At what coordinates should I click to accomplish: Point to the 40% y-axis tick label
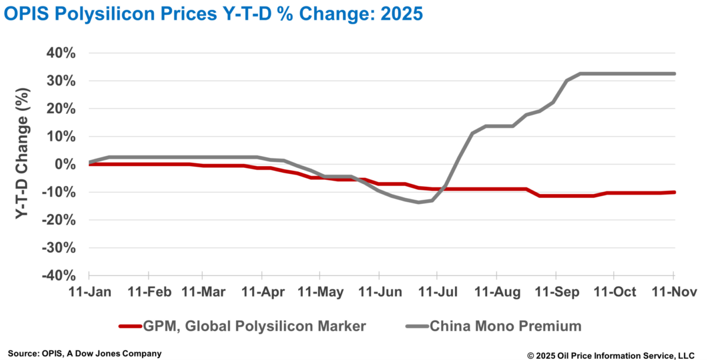(x=61, y=53)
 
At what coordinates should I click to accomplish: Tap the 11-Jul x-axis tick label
(x=437, y=292)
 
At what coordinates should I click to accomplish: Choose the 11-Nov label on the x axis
(x=673, y=292)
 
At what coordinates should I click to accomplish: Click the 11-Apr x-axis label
(x=261, y=292)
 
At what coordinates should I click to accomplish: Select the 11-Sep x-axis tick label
(x=556, y=292)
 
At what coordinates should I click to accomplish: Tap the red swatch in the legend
(x=130, y=326)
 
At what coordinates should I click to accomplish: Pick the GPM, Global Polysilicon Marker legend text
(x=255, y=326)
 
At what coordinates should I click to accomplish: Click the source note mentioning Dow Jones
(x=84, y=353)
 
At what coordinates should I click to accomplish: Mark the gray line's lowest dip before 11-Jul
(x=418, y=202)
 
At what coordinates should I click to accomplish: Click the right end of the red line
(x=674, y=192)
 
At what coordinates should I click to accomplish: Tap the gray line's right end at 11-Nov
(x=674, y=74)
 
